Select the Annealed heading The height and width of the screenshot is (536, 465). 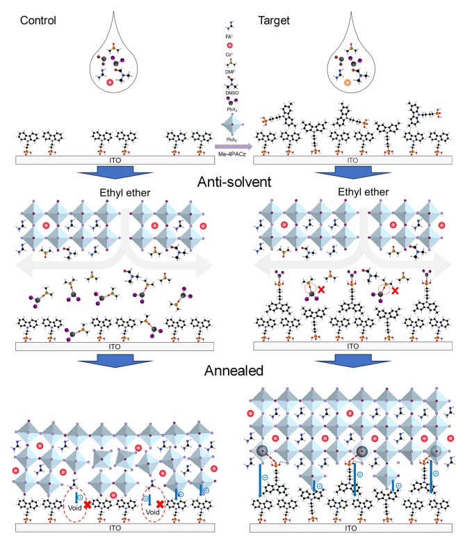232,371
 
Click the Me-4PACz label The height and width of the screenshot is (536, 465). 234,157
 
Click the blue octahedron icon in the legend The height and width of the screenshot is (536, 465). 229,128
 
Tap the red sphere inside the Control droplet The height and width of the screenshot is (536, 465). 110,83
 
